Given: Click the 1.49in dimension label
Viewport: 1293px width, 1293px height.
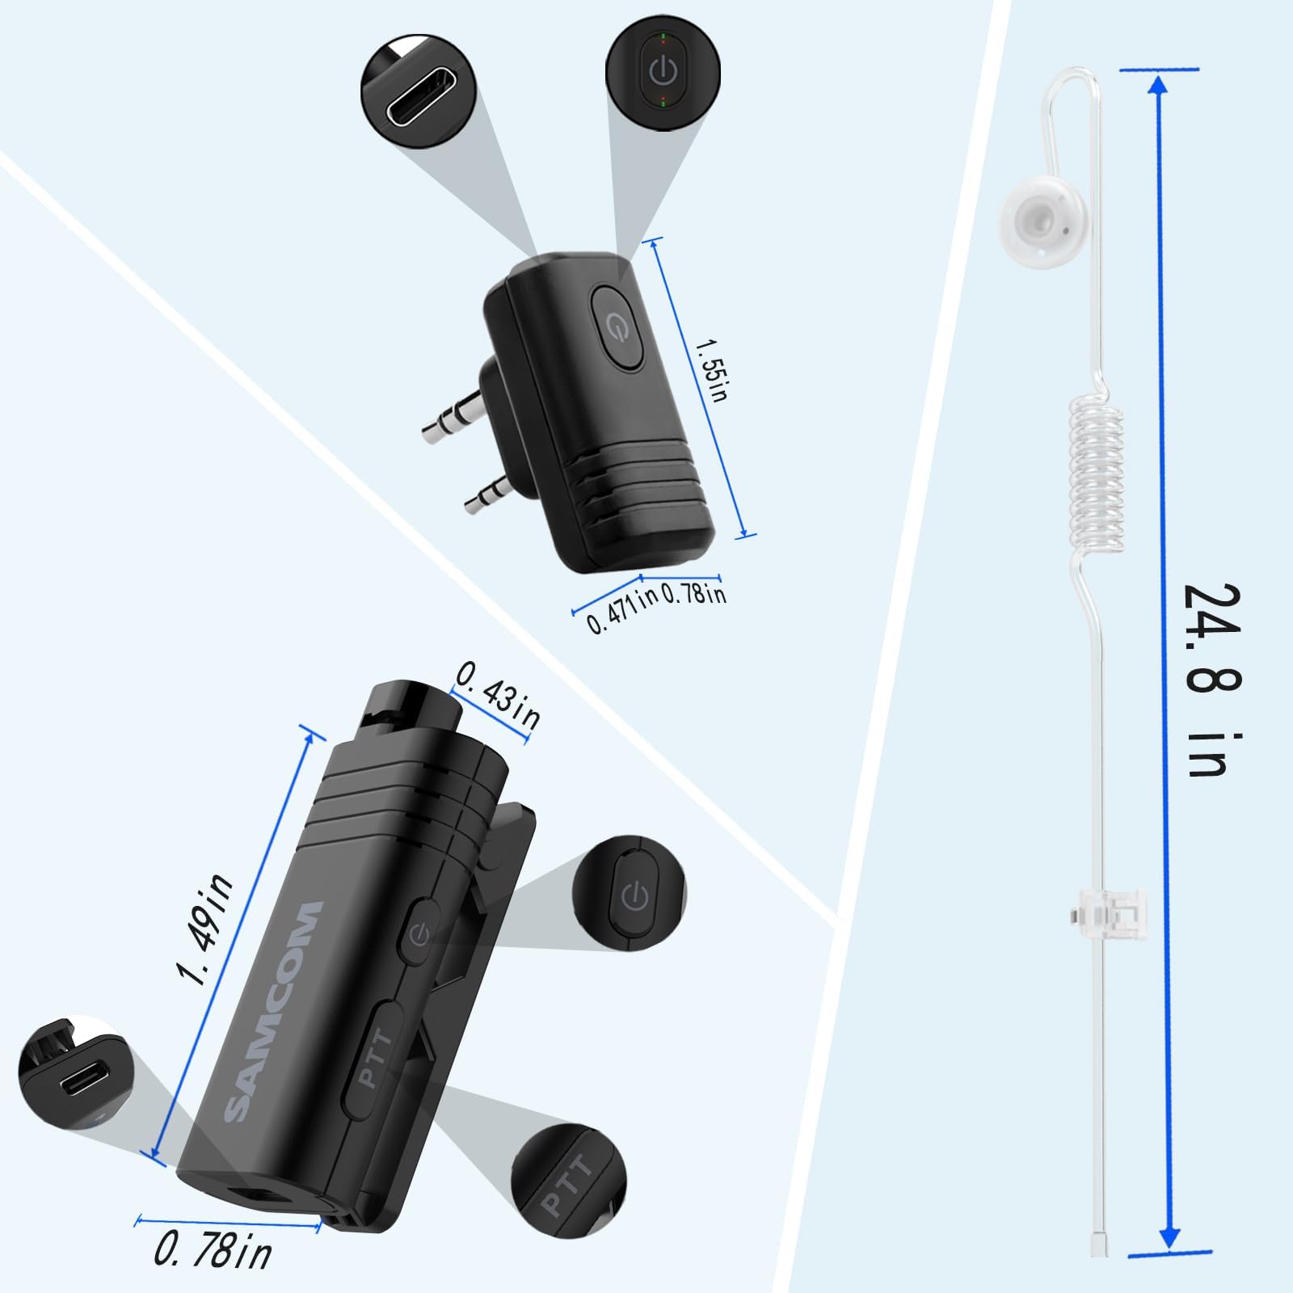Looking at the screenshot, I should (208, 929).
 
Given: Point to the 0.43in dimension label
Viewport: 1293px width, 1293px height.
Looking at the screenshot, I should (499, 694).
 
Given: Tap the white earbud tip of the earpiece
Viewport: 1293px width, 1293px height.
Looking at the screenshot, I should (1037, 217).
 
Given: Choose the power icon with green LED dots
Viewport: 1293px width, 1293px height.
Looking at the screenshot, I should (663, 71).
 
